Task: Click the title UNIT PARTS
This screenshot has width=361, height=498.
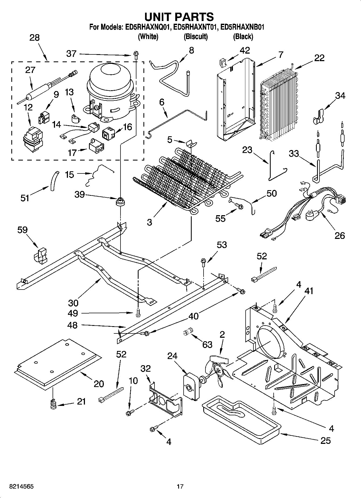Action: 179,17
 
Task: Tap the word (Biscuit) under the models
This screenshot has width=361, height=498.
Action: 196,37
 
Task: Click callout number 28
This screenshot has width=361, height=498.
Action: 35,38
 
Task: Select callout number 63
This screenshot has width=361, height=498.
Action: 207,344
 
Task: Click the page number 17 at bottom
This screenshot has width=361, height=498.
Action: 180,486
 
